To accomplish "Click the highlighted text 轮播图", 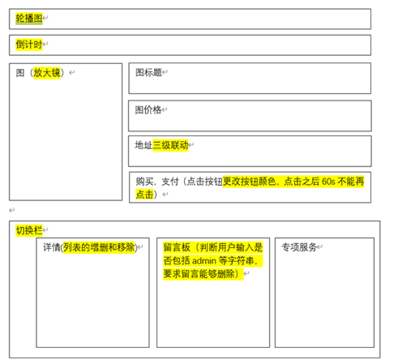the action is pyautogui.click(x=29, y=19).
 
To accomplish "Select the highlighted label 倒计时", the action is pyautogui.click(x=29, y=45).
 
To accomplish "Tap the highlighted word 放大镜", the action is pyautogui.click(x=47, y=73).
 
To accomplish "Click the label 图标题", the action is pyautogui.click(x=148, y=72).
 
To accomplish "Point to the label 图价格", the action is pyautogui.click(x=148, y=109).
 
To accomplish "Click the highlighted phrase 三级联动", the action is pyautogui.click(x=170, y=145).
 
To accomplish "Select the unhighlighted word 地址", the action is pyautogui.click(x=143, y=145).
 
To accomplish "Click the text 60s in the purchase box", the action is pyautogui.click(x=328, y=182).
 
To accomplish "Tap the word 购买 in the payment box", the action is pyautogui.click(x=144, y=182).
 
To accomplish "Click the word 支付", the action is pyautogui.click(x=170, y=182).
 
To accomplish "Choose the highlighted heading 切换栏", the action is pyautogui.click(x=29, y=230).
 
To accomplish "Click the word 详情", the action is pyautogui.click(x=52, y=247).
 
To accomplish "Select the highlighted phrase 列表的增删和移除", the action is pyautogui.click(x=99, y=247).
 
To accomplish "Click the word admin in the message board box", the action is pyautogui.click(x=204, y=261).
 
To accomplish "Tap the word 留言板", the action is pyautogui.click(x=177, y=247).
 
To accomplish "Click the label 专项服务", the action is pyautogui.click(x=299, y=247).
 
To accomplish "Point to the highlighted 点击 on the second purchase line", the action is pyautogui.click(x=144, y=195).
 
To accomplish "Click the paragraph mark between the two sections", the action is pyautogui.click(x=12, y=210).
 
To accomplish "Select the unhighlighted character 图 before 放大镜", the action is pyautogui.click(x=20, y=73).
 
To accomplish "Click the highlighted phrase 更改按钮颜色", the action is pyautogui.click(x=249, y=182).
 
